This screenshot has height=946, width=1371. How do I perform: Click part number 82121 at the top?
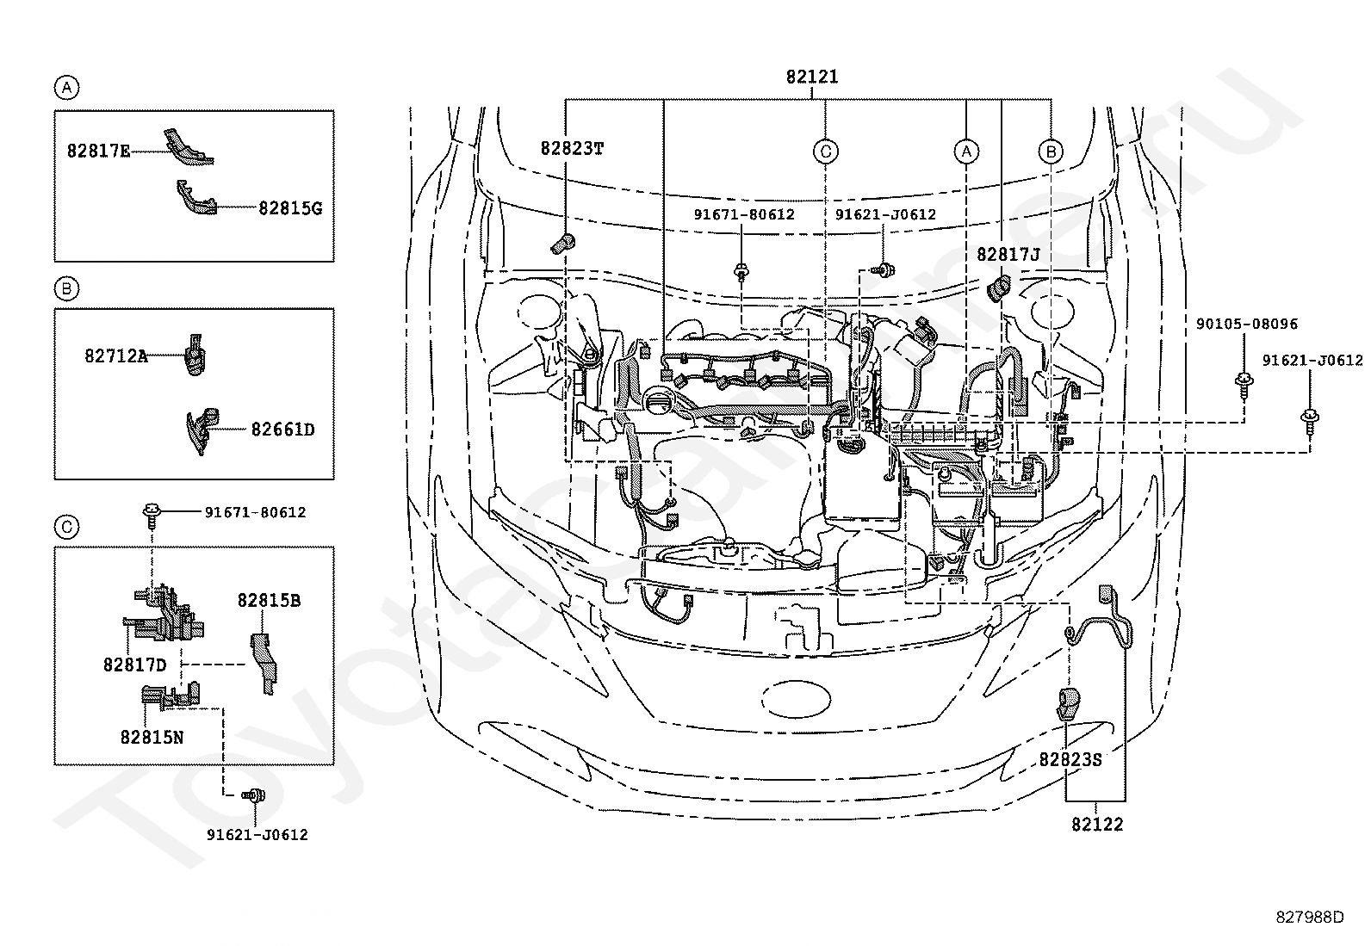tap(811, 77)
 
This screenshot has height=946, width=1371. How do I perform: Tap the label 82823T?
tap(572, 149)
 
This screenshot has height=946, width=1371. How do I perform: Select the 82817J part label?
tap(1008, 255)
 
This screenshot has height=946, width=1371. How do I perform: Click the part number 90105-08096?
tap(1247, 324)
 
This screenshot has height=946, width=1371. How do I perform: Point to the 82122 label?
tap(1097, 825)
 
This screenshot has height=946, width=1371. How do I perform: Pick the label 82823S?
tap(1070, 760)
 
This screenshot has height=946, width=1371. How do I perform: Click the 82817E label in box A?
tap(98, 151)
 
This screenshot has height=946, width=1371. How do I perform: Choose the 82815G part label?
tap(290, 208)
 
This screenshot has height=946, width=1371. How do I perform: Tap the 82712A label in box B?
tap(115, 356)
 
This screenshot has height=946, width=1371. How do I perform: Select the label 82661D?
tap(282, 430)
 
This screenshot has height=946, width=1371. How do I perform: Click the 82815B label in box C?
tap(269, 601)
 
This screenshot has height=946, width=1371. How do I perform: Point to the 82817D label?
tap(134, 665)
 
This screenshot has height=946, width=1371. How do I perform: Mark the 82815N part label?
tap(152, 738)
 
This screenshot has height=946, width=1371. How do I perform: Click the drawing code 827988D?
tap(1310, 918)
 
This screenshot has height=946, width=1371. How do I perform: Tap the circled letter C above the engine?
tap(826, 151)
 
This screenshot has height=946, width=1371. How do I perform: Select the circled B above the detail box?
tap(66, 289)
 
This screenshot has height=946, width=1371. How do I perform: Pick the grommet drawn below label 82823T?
tap(563, 244)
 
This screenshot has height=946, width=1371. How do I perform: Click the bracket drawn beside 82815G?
tap(196, 198)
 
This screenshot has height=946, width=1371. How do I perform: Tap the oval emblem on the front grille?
tap(797, 699)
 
